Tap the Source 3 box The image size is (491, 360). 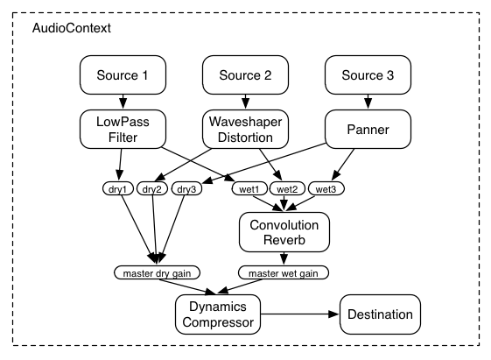367,76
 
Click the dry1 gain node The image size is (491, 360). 116,187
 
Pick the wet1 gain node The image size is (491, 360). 247,187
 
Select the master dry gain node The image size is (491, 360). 157,272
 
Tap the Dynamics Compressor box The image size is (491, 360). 218,313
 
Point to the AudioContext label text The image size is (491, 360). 71,28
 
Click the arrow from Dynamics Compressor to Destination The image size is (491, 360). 298,313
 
